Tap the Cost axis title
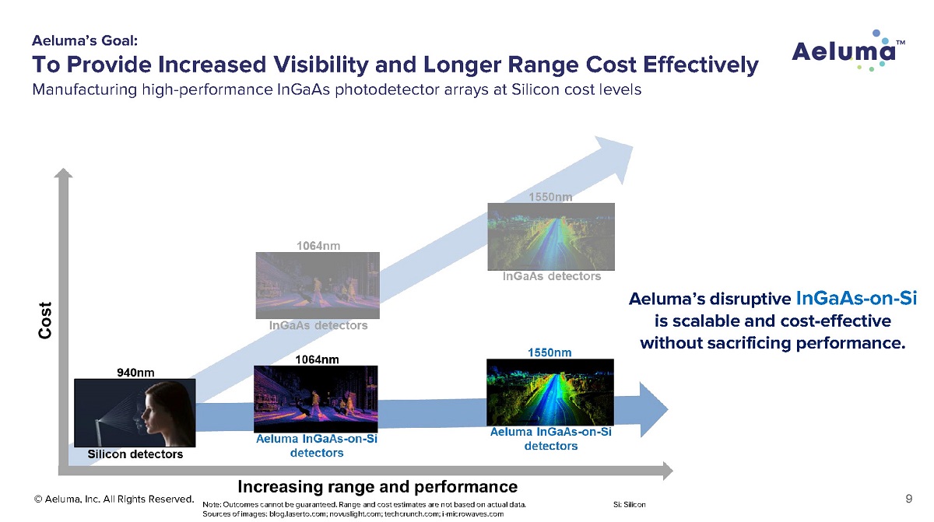(x=46, y=320)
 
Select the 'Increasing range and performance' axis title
(x=377, y=487)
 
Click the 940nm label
(x=135, y=373)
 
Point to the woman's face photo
(x=135, y=413)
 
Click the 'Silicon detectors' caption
(x=135, y=454)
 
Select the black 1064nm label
(x=318, y=359)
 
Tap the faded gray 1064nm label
(x=318, y=246)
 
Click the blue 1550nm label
(x=550, y=352)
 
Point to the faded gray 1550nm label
(x=550, y=198)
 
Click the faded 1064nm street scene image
(x=318, y=285)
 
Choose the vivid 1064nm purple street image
(x=316, y=399)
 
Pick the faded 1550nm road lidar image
(x=550, y=236)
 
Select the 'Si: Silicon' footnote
(x=630, y=505)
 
